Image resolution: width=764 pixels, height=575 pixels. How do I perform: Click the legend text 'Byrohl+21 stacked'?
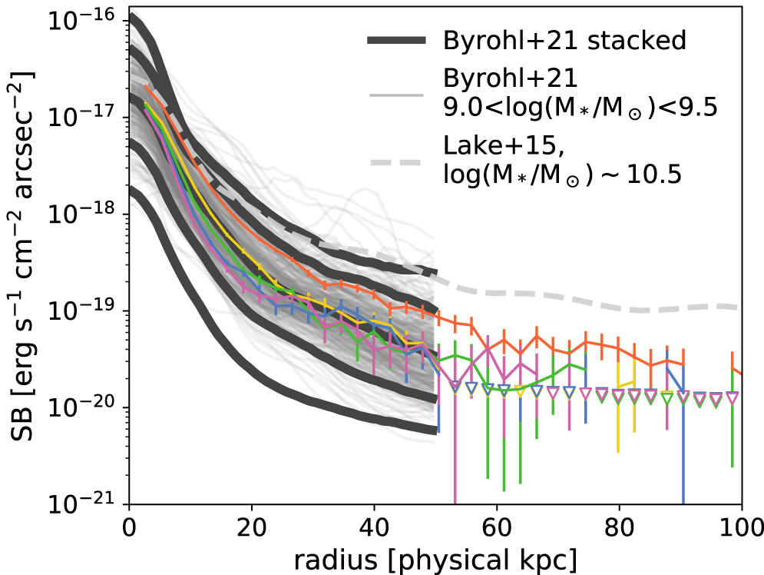[564, 40]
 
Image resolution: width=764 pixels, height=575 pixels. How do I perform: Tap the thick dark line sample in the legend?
[396, 40]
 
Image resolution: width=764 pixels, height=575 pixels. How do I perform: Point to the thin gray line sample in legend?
[396, 96]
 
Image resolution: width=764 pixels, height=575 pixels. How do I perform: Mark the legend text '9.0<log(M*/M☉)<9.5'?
[580, 108]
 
